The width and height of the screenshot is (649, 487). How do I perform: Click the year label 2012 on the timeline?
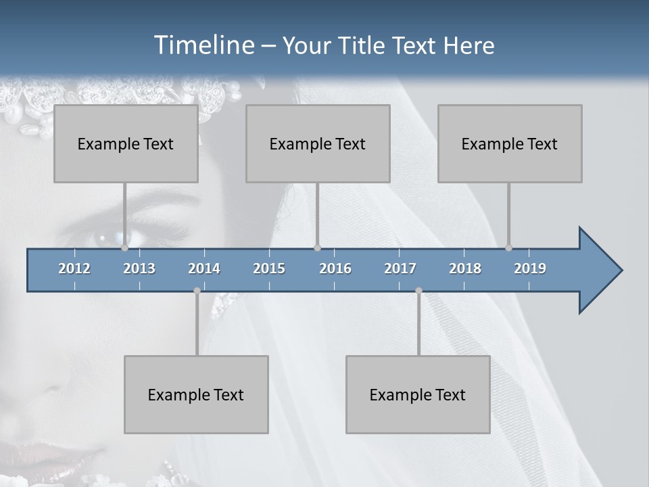pyautogui.click(x=74, y=269)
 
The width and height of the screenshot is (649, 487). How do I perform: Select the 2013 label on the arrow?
pyautogui.click(x=139, y=269)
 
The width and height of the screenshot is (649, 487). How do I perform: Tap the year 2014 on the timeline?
pyautogui.click(x=204, y=269)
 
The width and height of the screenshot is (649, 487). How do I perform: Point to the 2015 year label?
pyautogui.click(x=269, y=269)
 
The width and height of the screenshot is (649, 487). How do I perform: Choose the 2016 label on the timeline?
pyautogui.click(x=335, y=269)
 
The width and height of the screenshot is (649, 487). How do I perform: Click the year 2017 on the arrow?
pyautogui.click(x=400, y=269)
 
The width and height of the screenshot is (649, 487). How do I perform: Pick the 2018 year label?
pyautogui.click(x=465, y=269)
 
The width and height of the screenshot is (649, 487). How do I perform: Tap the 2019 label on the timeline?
pyautogui.click(x=530, y=269)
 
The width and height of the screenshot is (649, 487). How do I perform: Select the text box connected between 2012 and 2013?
pyautogui.click(x=126, y=143)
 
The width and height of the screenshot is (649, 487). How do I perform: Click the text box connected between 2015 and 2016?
pyautogui.click(x=318, y=143)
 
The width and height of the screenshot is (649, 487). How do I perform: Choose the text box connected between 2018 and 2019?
pyautogui.click(x=510, y=143)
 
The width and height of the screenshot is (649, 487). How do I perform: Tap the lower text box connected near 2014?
pyautogui.click(x=196, y=394)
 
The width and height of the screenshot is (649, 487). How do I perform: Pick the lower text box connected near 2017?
pyautogui.click(x=418, y=394)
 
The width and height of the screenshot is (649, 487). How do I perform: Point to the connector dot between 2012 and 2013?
pyautogui.click(x=125, y=248)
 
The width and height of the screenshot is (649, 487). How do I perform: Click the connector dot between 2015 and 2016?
pyautogui.click(x=318, y=248)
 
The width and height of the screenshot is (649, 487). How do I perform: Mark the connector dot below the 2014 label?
pyautogui.click(x=197, y=291)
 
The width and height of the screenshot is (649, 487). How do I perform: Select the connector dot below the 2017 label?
pyautogui.click(x=418, y=291)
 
